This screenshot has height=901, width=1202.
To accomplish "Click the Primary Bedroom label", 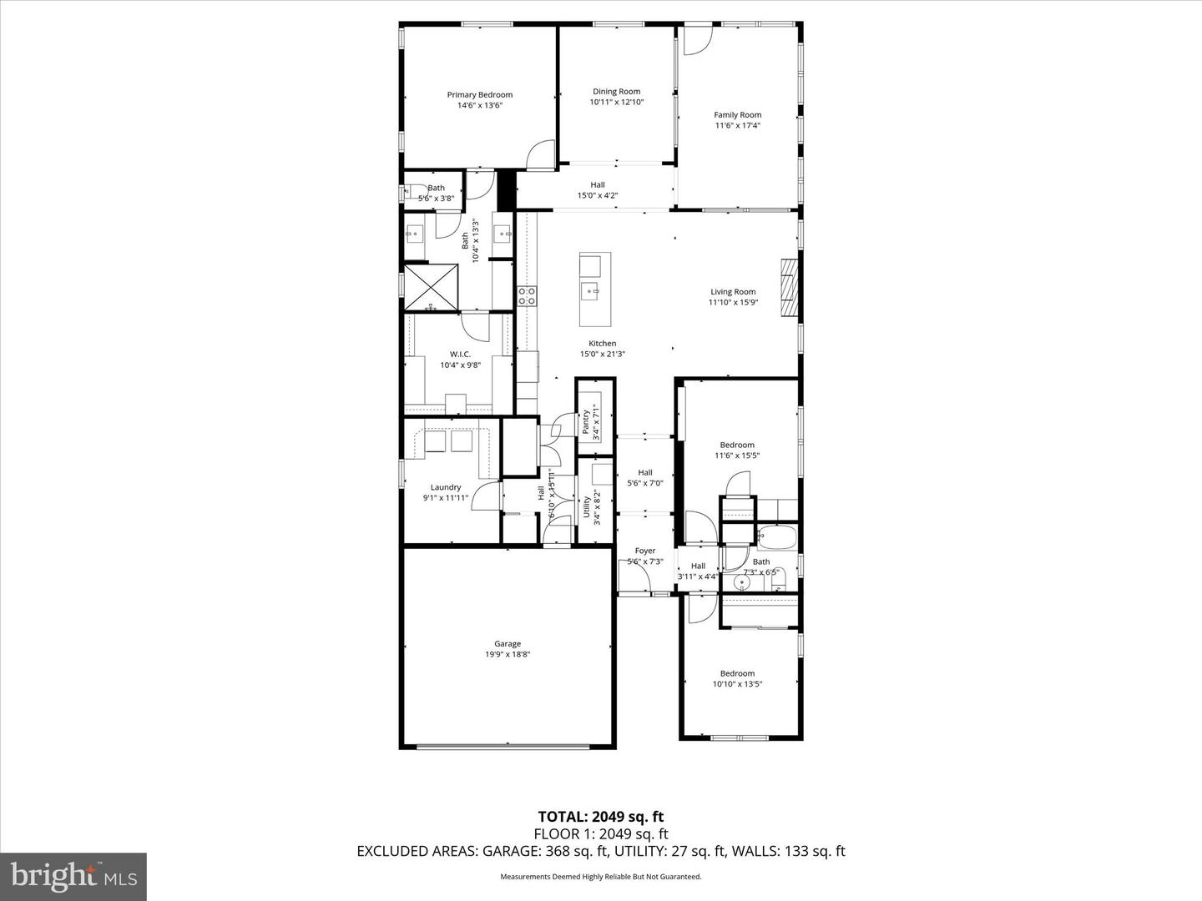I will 479,95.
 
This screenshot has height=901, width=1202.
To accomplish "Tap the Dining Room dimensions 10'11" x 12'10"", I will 616,103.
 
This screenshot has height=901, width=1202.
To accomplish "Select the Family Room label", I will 737,115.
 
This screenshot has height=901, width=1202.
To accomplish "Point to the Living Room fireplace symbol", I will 789,288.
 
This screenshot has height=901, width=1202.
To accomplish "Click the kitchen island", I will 595,289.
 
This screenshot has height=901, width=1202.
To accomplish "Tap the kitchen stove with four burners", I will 527,295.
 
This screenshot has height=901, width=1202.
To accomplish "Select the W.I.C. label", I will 460,355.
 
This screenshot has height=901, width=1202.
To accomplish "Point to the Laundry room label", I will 446,488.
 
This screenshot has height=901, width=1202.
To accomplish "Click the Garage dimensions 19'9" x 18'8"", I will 508,655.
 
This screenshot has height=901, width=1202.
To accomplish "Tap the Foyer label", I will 644,551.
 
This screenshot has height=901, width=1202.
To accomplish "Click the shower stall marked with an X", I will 432,288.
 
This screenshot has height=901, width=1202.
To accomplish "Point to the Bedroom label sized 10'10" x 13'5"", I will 737,673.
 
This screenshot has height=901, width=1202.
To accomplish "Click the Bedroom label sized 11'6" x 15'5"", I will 737,445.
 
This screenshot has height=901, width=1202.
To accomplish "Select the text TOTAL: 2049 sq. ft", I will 601,817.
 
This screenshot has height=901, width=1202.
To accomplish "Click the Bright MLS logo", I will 73,876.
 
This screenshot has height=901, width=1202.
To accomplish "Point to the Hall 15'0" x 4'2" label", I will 598,185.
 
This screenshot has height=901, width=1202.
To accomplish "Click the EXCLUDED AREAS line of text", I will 601,851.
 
